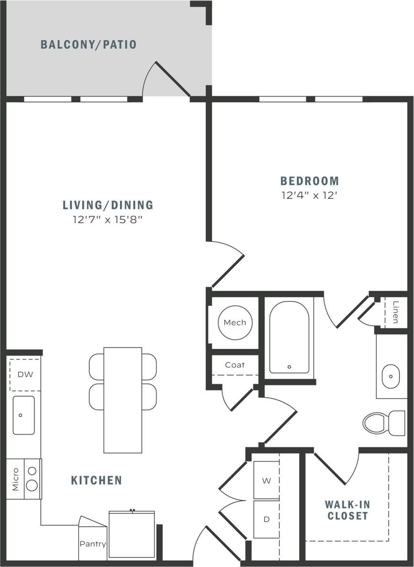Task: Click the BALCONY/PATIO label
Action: point(88,45)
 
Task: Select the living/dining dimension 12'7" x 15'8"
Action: point(108,220)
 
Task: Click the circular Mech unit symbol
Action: point(235,323)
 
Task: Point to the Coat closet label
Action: point(235,365)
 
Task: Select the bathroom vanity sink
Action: point(391,376)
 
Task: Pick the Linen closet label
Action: point(395,312)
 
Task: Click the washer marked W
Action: point(266,480)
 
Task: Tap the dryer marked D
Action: point(266,519)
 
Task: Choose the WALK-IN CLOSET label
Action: point(347,510)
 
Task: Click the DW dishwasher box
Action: point(25,374)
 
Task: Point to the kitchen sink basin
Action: point(23,415)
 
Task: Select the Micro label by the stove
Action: point(15,479)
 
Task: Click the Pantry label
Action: point(93,544)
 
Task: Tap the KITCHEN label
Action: point(97,480)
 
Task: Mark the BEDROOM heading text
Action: point(309,181)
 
